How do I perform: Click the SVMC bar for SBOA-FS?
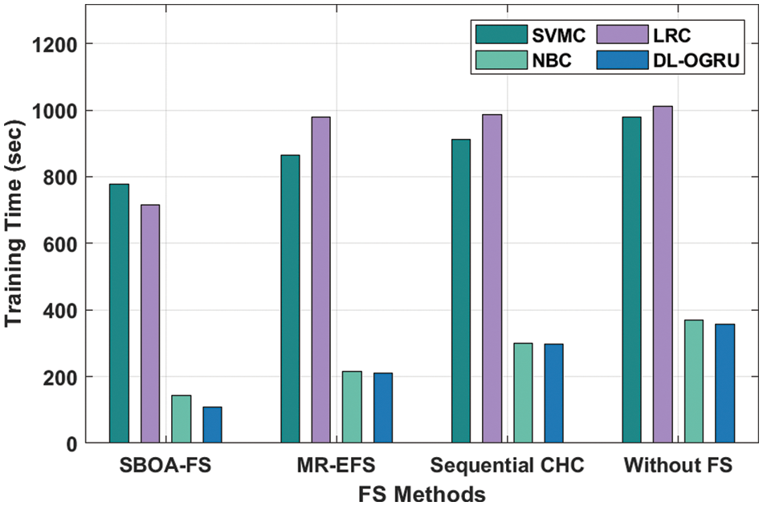tap(119, 313)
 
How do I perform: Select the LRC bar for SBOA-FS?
tap(150, 324)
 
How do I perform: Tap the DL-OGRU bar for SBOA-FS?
tap(212, 425)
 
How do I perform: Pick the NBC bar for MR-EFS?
tap(352, 407)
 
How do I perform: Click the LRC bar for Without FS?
tap(663, 274)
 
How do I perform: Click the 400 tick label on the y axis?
tap(59, 310)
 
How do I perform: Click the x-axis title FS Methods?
tap(422, 492)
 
